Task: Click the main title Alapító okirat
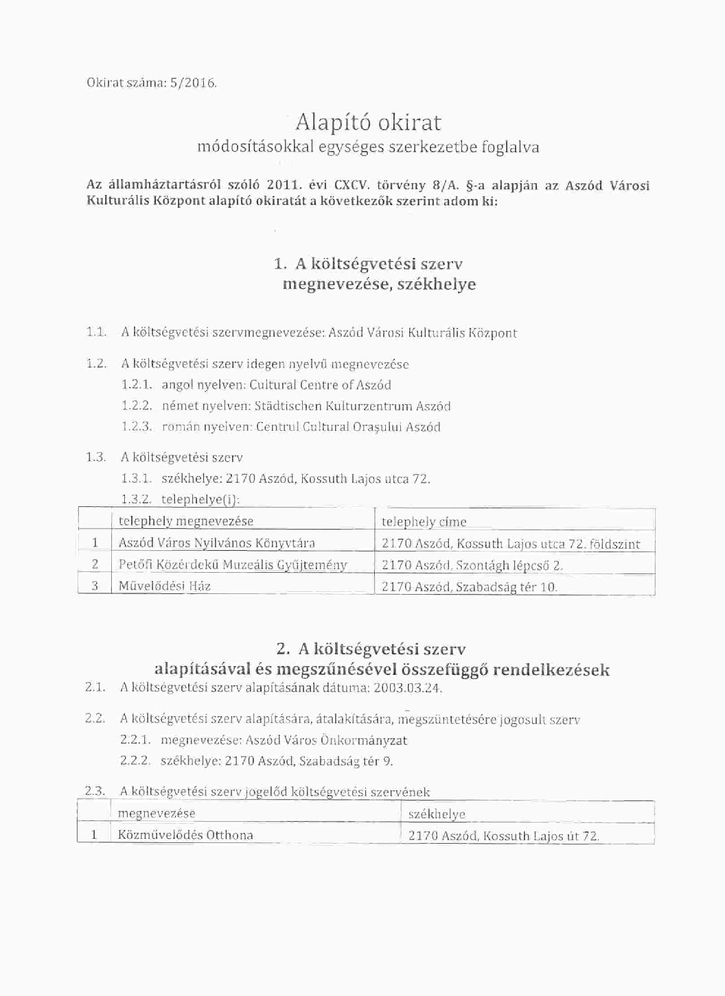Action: (x=368, y=122)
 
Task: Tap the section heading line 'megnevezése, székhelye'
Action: (x=379, y=284)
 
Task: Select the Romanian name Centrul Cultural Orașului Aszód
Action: (x=347, y=427)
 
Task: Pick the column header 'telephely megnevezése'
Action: (x=185, y=521)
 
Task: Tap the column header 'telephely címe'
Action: (x=424, y=522)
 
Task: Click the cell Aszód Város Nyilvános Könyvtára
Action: (x=216, y=543)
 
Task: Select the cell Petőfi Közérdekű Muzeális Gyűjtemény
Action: (x=232, y=565)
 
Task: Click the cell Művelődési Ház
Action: (x=164, y=586)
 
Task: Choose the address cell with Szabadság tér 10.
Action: (x=469, y=587)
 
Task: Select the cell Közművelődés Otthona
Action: (x=185, y=835)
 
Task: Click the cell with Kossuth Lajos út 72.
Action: (x=503, y=836)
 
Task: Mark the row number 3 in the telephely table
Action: (x=95, y=586)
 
